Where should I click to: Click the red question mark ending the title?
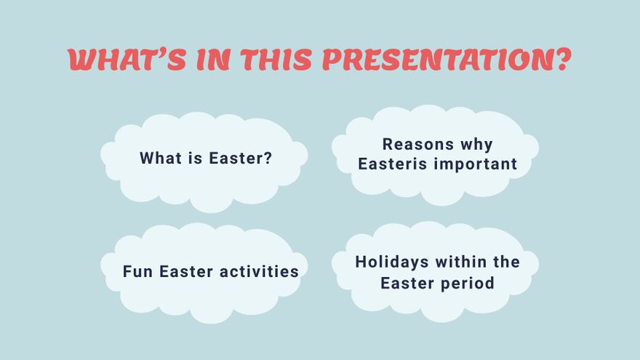point(559,60)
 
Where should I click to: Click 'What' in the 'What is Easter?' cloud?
point(160,158)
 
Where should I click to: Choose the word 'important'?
point(476,164)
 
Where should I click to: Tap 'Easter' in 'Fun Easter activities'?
point(186,271)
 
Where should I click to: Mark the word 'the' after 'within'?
point(507,262)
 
